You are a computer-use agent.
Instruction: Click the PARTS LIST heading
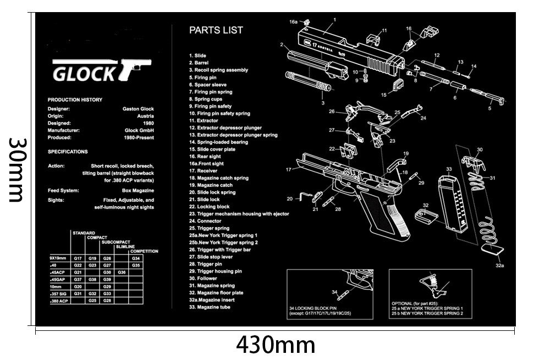(x=216, y=30)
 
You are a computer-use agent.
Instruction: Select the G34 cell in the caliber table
(x=136, y=258)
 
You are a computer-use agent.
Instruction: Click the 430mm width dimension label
(x=276, y=346)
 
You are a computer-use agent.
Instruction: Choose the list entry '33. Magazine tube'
(x=210, y=307)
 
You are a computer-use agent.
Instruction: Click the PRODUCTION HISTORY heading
(x=75, y=99)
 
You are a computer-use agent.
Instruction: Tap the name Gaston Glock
(x=138, y=109)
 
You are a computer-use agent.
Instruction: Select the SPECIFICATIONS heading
(x=68, y=151)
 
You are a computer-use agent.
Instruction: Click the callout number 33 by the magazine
(x=449, y=169)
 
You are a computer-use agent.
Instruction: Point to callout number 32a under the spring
(x=499, y=264)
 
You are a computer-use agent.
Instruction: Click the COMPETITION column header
(x=144, y=251)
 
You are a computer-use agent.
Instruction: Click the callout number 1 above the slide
(x=334, y=19)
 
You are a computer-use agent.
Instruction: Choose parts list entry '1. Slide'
(x=197, y=56)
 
